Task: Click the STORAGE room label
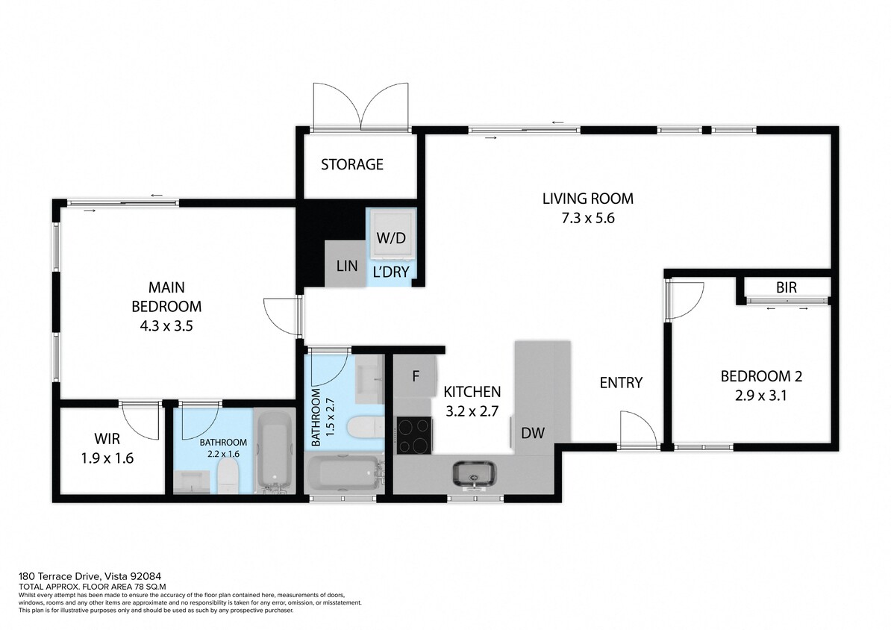pos(352,164)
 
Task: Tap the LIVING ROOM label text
pos(587,199)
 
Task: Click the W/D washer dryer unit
pos(391,231)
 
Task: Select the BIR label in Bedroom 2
pos(785,287)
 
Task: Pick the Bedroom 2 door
pos(685,299)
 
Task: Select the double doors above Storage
pos(362,106)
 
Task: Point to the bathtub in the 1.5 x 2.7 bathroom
pos(344,473)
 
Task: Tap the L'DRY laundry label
pos(391,272)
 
